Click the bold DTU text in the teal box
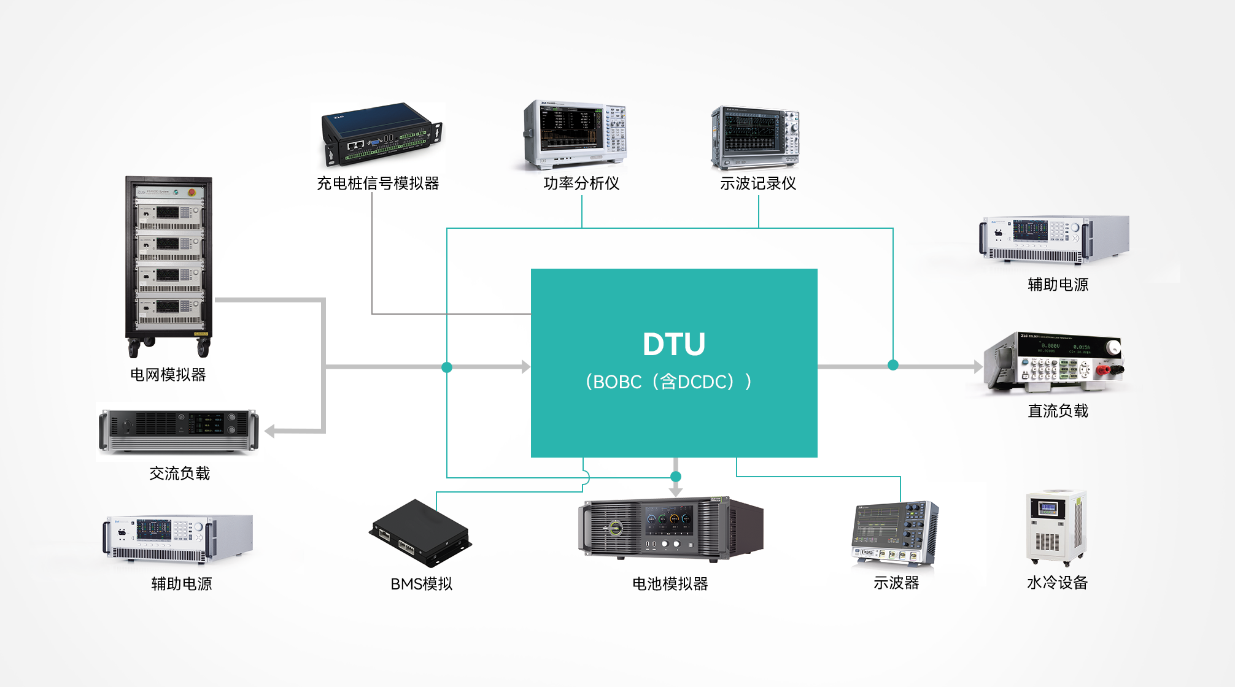point(673,344)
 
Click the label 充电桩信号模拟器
point(377,183)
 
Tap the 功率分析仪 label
point(581,183)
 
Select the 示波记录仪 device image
point(755,138)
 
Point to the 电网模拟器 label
point(168,375)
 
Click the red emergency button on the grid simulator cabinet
point(192,192)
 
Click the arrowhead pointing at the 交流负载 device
point(270,431)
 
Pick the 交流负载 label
point(179,474)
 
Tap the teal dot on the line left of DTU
point(447,367)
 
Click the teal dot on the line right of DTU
point(893,365)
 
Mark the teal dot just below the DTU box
point(676,477)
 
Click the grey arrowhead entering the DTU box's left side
point(525,367)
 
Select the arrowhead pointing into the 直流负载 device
point(978,367)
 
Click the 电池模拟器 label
point(670,584)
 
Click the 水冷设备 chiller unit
point(1056,528)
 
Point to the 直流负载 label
point(1058,411)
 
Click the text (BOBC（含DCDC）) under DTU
point(668,382)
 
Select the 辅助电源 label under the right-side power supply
point(1058,285)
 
